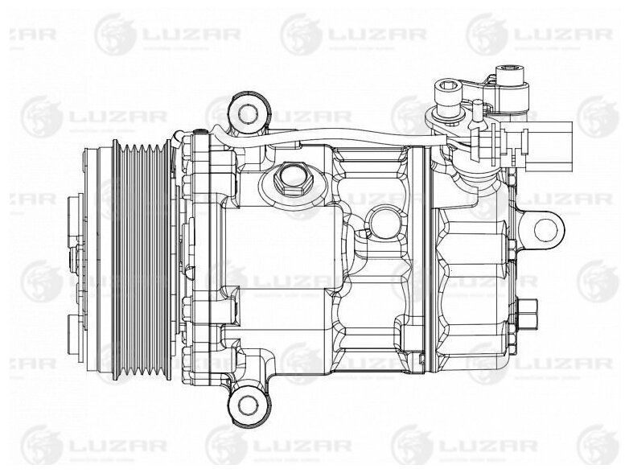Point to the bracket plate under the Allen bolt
click(450, 121)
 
